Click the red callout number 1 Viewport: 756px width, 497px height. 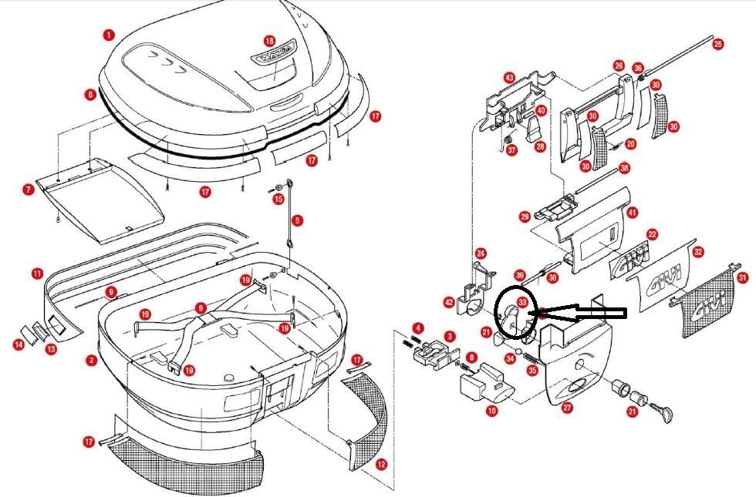[109, 35]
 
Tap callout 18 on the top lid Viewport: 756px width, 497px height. [269, 40]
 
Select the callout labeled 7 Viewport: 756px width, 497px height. [28, 189]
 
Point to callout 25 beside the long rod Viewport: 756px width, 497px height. [717, 44]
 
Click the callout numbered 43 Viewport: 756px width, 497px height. [509, 78]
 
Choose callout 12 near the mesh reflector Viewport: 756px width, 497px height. [381, 464]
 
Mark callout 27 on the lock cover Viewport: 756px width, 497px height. [567, 408]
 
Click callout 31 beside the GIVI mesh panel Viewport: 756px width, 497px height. [743, 277]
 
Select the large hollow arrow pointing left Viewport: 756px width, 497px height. [586, 313]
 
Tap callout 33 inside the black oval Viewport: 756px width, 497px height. [522, 304]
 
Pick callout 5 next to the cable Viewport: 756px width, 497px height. [298, 220]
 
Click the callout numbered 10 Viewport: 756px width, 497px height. [491, 411]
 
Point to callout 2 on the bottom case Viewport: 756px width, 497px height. [91, 360]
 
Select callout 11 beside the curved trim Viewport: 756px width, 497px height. [37, 273]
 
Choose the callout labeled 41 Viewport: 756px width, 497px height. [633, 211]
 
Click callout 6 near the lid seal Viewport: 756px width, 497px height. [90, 94]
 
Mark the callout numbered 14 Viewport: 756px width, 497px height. [17, 344]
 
